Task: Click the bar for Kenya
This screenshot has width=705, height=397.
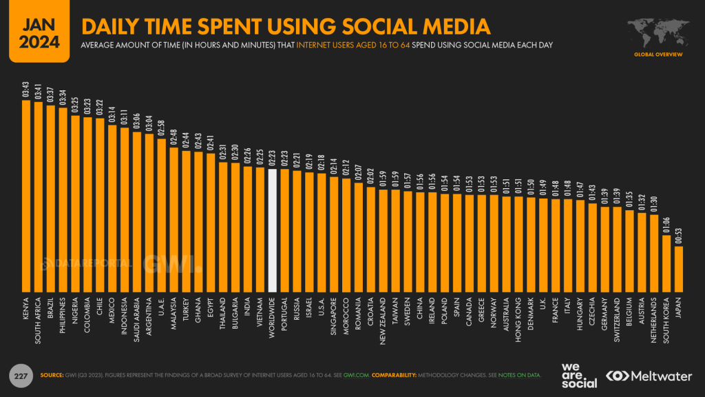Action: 26,196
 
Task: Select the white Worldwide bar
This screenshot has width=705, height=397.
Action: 273,230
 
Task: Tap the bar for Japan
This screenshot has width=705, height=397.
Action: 678,269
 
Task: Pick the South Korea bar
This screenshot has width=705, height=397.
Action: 666,263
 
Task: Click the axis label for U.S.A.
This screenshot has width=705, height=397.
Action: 322,307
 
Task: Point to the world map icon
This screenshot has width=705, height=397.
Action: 657,32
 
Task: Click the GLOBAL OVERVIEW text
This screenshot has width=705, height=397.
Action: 657,54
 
